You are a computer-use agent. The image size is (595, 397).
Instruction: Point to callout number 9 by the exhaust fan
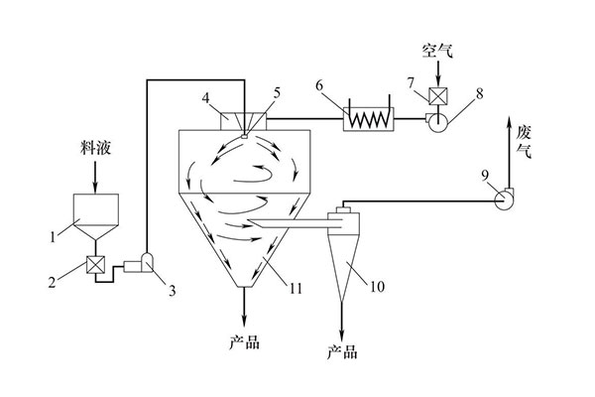[484, 176]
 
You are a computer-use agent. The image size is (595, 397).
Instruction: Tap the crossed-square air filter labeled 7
[437, 96]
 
